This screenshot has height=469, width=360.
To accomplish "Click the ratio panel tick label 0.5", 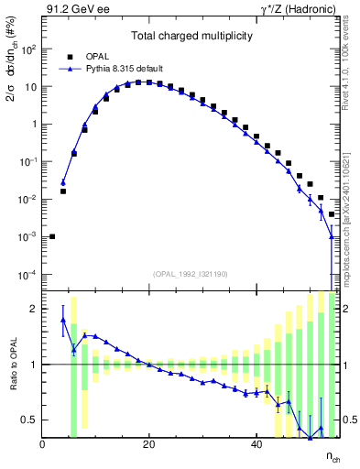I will click(28, 420).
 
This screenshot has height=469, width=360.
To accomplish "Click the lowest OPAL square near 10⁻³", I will click(52, 236).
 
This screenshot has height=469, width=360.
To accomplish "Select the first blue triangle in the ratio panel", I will click(63, 320).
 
